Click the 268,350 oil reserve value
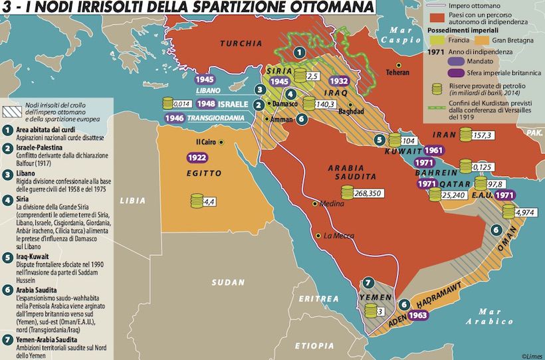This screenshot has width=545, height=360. (369, 193)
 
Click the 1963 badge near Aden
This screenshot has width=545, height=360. (417, 315)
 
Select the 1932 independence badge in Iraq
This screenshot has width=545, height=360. (339, 81)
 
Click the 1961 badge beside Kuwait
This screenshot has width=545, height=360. (432, 150)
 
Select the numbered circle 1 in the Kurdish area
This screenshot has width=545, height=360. (300, 51)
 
